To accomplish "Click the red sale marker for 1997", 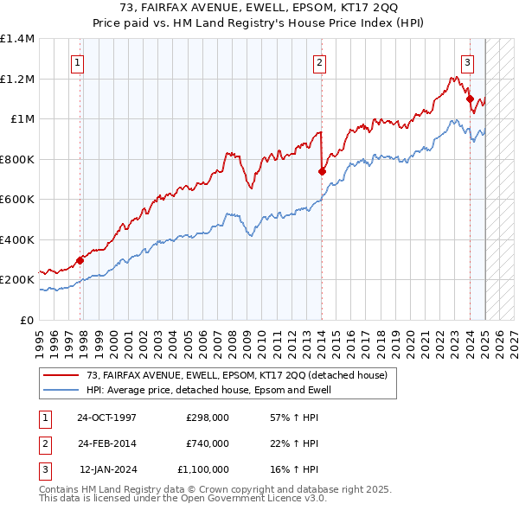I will pos(80,259).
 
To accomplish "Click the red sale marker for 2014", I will pos(322,171).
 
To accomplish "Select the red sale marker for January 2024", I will pos(470,99).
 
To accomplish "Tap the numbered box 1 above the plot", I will pos(78,61).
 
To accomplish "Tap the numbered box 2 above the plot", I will pos(319,61).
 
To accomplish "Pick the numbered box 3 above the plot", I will pos(467,61).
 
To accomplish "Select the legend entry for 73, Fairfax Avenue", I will pos(241,375).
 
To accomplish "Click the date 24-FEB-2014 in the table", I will pos(106,443).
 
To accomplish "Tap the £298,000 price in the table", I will pos(208,418).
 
